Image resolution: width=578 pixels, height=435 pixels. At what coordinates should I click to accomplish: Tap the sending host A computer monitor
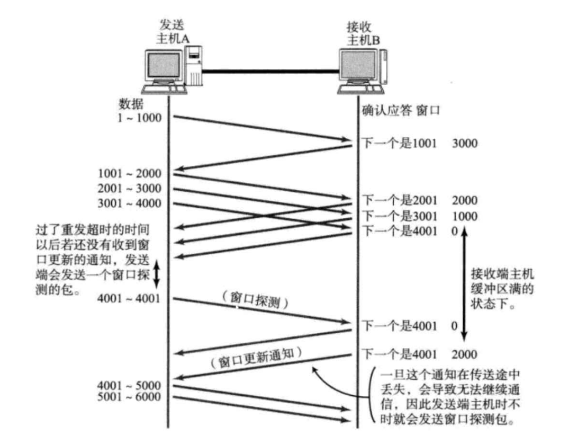tap(164, 69)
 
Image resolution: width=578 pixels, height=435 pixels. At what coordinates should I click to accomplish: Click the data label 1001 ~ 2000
tap(130, 174)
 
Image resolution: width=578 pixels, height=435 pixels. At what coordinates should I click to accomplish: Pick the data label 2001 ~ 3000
tap(130, 189)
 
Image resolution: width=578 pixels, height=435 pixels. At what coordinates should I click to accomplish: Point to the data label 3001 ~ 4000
tap(130, 203)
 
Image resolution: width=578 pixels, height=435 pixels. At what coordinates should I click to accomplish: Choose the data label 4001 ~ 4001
tap(130, 298)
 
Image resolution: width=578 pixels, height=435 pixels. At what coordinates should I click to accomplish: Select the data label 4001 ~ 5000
tap(130, 385)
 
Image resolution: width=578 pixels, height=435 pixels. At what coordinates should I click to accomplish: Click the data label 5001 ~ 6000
tap(130, 397)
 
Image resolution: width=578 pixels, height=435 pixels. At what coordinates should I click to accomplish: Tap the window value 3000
tap(465, 144)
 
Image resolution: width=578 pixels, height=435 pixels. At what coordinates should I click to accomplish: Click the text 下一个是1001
tap(400, 144)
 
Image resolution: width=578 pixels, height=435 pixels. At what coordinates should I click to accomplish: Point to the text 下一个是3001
tap(400, 216)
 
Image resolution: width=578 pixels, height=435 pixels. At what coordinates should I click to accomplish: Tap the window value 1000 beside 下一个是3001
tap(465, 216)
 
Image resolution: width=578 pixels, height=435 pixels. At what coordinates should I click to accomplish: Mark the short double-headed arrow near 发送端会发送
tap(156, 273)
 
